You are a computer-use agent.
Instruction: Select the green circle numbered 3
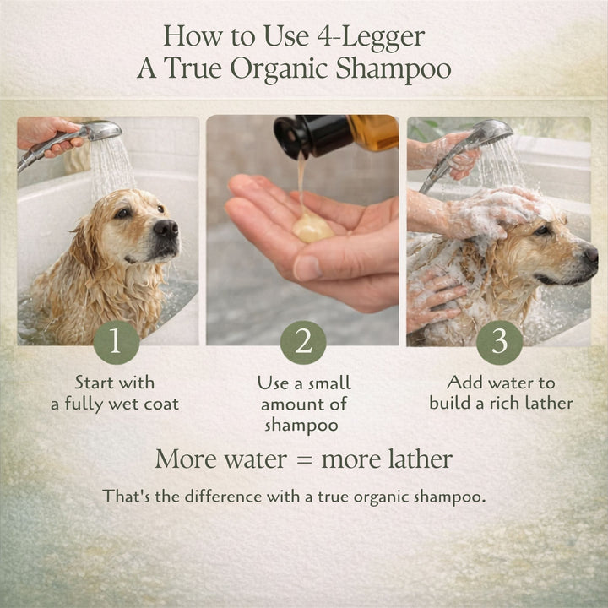499,342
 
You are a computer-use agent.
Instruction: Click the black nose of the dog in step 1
166,228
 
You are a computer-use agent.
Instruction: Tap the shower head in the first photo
101,132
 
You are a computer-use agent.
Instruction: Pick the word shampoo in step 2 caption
302,425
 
